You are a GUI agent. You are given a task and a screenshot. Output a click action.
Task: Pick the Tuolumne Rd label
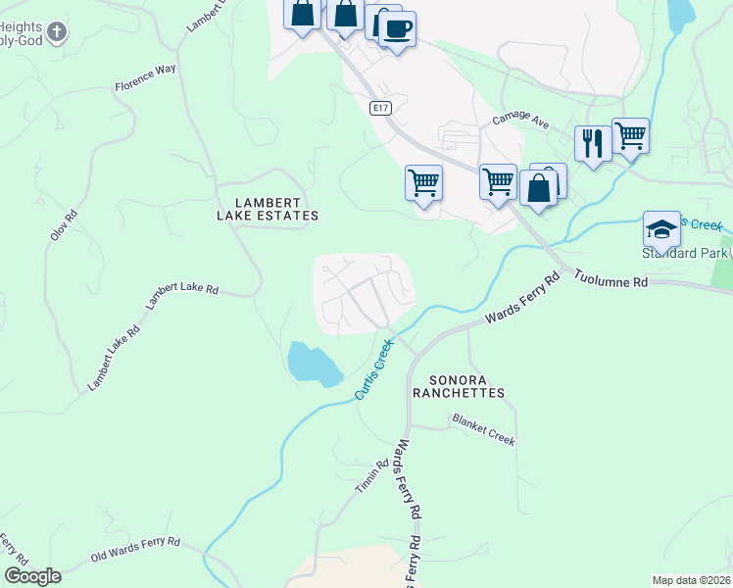click(611, 280)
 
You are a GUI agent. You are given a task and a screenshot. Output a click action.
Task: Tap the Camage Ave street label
click(520, 119)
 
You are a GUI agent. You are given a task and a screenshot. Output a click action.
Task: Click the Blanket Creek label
click(483, 429)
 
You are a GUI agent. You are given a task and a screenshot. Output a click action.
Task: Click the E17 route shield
click(382, 108)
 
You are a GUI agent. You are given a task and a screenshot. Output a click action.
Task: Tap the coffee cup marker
click(397, 29)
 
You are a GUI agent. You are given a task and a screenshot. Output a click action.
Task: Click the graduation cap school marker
click(661, 229)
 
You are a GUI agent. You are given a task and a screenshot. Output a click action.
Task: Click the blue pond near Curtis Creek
click(312, 363)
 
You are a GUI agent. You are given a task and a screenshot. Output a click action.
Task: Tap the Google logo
click(32, 575)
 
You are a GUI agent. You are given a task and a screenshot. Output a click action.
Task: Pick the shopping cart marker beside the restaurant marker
click(630, 135)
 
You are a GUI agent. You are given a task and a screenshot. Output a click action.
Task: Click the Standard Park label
click(686, 254)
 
